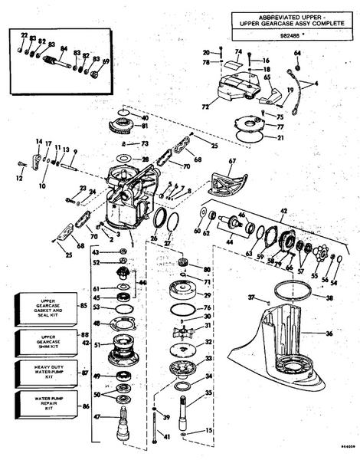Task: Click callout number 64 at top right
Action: coord(298,53)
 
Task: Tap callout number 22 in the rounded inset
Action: coord(24,35)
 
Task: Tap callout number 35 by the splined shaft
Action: coord(208,393)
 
